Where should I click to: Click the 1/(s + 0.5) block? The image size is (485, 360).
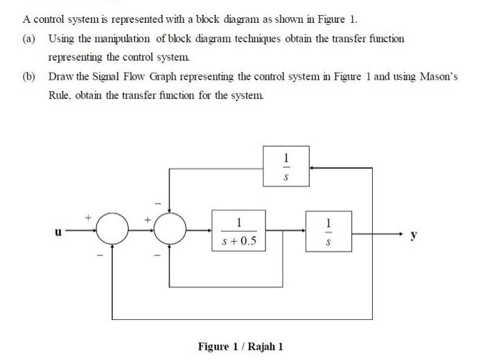pyautogui.click(x=238, y=233)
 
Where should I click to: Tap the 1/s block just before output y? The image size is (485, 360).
pyautogui.click(x=328, y=233)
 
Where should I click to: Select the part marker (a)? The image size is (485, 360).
pyautogui.click(x=30, y=38)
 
